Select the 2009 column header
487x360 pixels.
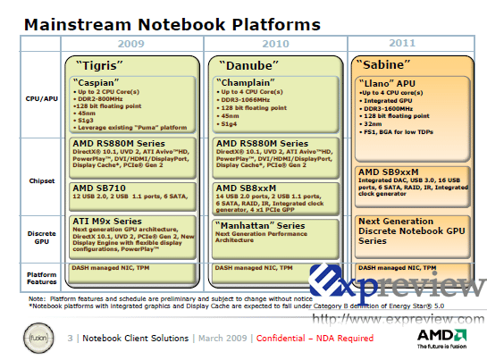click(133, 43)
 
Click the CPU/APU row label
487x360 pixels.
click(40, 101)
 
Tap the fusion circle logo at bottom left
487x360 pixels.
click(40, 338)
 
